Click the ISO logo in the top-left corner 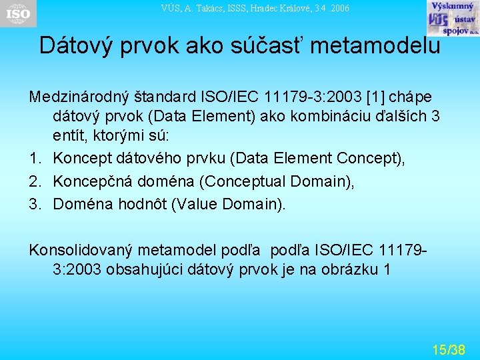pyautogui.click(x=18, y=13)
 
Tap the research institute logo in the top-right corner pyautogui.click(x=452, y=18)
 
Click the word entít pyautogui.click(x=69, y=137)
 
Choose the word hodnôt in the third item pyautogui.click(x=141, y=204)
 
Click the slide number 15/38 pyautogui.click(x=449, y=349)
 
